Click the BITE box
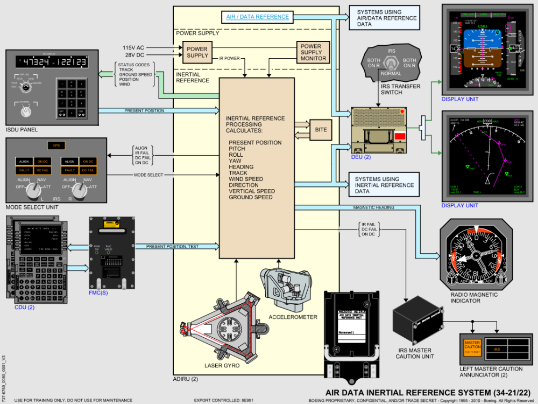tap(321, 130)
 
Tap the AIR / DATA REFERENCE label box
tap(258, 17)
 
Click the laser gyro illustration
tap(226, 326)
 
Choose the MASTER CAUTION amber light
tap(472, 346)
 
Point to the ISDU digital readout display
tap(52, 62)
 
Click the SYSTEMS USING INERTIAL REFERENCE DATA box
tap(384, 184)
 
